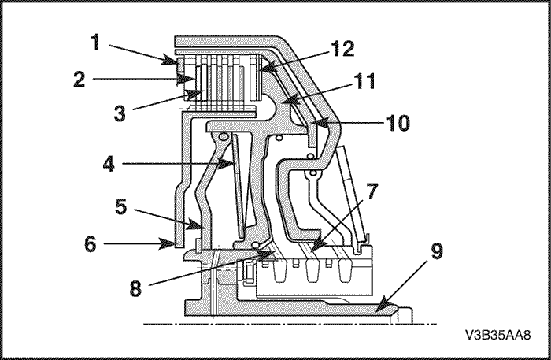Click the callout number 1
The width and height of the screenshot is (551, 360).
(95, 40)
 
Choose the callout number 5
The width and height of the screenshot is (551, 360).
(119, 206)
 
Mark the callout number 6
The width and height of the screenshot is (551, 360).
(90, 244)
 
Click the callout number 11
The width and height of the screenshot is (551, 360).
(364, 80)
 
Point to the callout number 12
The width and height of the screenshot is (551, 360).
(343, 48)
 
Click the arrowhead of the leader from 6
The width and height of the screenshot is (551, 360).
(176, 244)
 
